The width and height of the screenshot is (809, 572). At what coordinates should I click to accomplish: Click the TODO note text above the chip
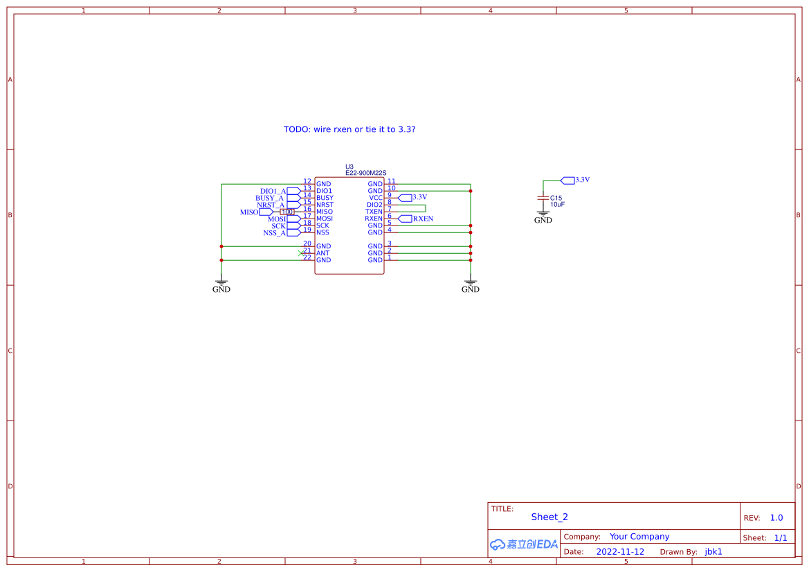coord(349,129)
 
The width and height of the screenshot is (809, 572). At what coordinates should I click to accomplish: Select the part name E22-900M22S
coord(365,173)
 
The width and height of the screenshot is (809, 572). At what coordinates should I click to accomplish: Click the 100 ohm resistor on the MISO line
coord(287,212)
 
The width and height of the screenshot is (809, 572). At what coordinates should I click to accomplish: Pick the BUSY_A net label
coord(270,198)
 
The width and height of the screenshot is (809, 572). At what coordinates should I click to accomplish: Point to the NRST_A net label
coord(271,205)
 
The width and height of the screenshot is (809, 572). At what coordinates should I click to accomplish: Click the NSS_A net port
coord(293,232)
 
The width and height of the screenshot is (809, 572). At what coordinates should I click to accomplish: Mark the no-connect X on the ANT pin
coord(300,253)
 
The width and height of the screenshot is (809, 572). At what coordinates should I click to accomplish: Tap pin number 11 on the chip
coord(392,181)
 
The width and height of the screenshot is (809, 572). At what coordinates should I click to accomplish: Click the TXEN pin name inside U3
coord(374,212)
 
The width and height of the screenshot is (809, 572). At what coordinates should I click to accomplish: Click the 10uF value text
coord(558,205)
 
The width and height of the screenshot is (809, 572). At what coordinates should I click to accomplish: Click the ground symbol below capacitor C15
coord(543,215)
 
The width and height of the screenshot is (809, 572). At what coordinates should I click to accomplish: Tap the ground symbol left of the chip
coord(221,283)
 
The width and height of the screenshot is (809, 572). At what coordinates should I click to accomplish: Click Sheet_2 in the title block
coord(549,517)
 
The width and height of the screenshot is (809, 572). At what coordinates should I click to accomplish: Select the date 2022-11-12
coord(620,552)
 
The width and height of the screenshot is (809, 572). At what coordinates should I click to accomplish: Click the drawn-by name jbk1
coord(713,552)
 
